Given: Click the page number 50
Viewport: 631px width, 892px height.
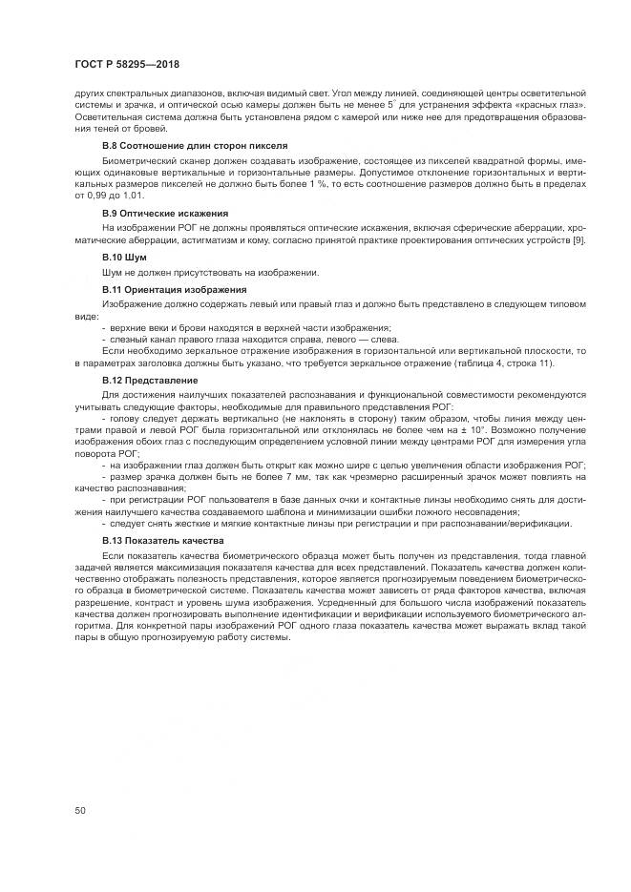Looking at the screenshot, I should pos(79,810).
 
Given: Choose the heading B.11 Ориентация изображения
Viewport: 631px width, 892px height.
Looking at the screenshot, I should pos(174,288).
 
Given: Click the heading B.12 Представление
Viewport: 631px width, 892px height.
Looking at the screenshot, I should pos(143,380).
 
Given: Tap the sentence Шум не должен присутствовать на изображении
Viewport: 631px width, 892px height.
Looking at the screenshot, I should pos(210,273).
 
